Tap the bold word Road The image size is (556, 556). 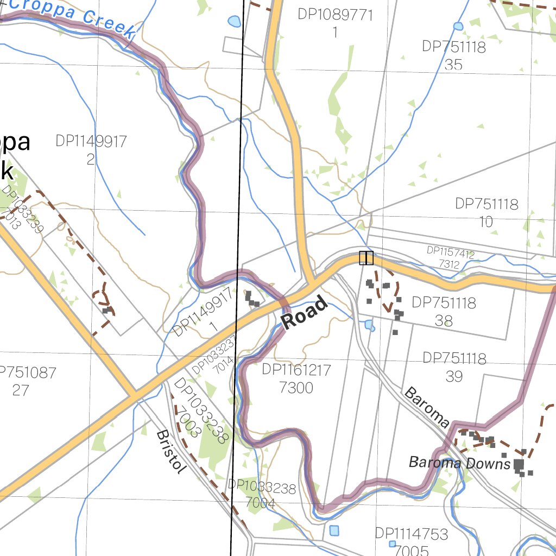coord(305,312)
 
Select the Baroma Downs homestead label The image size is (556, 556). coord(459,463)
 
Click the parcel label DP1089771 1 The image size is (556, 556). coord(335,23)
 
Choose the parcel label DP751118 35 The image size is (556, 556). coord(453,55)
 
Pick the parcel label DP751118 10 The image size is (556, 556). coord(486,212)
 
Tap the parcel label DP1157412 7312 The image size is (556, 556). coord(450,258)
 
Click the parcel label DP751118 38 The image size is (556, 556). coord(444,311)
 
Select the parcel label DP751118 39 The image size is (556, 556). coord(454,367)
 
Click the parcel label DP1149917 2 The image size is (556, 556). coord(91,150)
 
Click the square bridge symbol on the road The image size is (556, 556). coord(367,258)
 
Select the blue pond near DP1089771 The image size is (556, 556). coord(234,22)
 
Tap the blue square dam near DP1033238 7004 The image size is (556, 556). coord(333,530)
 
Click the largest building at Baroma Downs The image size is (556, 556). coord(519,465)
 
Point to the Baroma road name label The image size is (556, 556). coord(427,407)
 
